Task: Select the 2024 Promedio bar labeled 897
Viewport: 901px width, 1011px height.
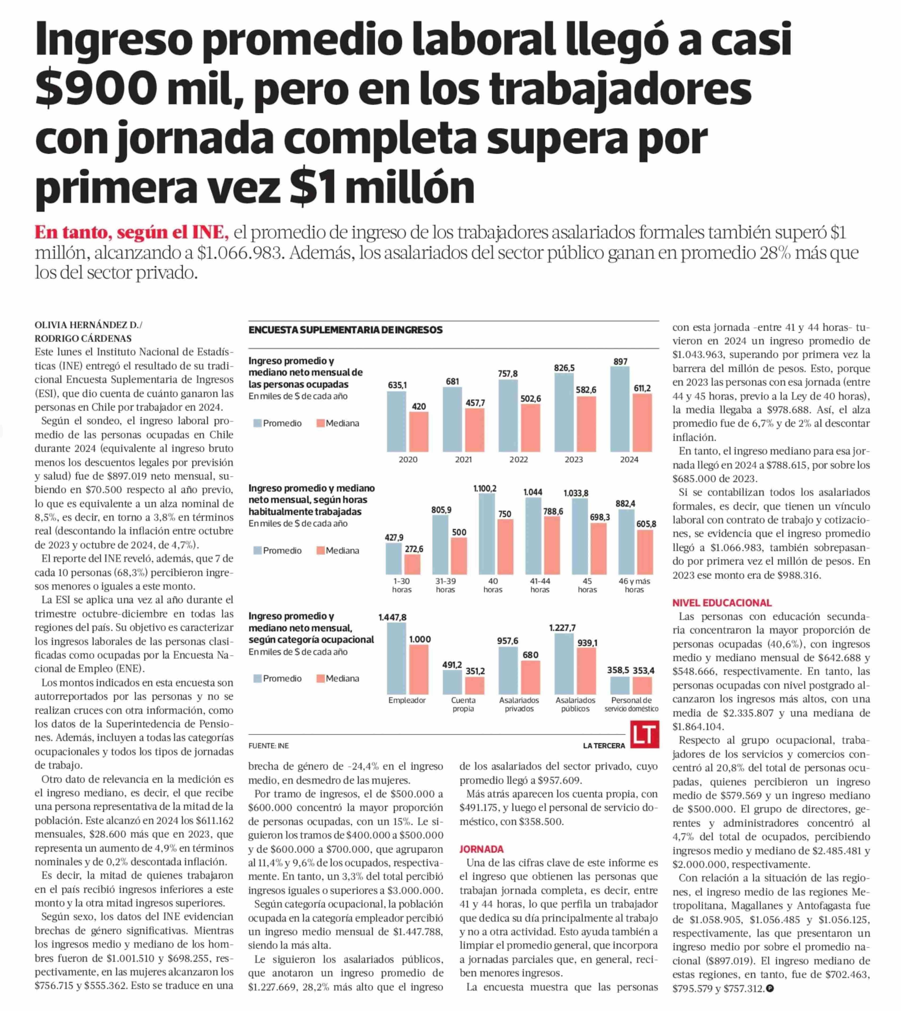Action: pos(620,409)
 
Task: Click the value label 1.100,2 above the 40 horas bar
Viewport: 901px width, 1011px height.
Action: pos(485,489)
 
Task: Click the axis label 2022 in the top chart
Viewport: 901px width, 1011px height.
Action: pos(518,460)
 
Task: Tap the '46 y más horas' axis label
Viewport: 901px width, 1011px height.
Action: pos(634,585)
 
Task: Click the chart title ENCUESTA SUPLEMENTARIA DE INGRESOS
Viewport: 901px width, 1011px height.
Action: pos(346,330)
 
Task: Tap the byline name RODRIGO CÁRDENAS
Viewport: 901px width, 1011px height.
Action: pos(83,339)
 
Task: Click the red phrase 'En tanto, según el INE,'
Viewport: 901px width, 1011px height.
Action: pos(132,233)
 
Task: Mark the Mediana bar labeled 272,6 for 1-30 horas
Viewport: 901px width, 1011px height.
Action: pos(412,565)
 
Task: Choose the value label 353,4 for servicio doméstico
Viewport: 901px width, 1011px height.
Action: pos(644,670)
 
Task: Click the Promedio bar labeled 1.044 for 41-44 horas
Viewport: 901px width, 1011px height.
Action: pos(533,536)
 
